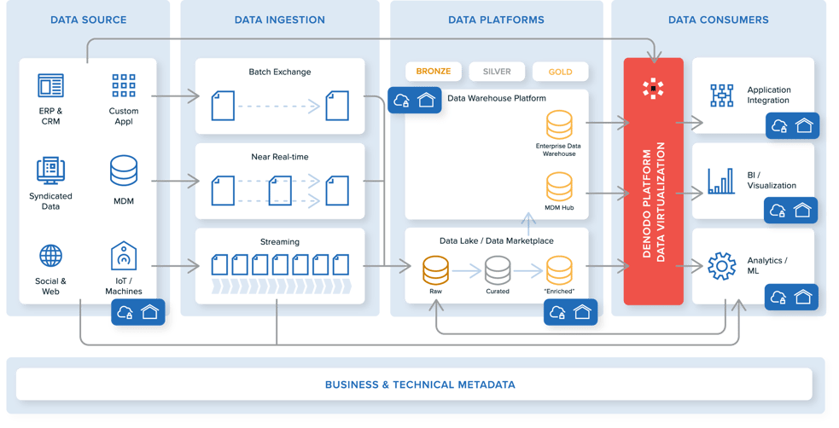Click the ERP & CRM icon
[x=50, y=85]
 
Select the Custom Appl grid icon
[x=124, y=85]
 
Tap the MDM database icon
[x=124, y=171]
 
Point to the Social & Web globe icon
[x=50, y=256]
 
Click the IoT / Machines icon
[x=124, y=256]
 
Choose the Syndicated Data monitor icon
[x=50, y=171]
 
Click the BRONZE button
[x=434, y=72]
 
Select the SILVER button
[x=497, y=72]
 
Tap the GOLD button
[x=560, y=72]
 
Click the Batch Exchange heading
[x=279, y=72]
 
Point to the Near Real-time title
[x=279, y=157]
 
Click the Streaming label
[x=279, y=242]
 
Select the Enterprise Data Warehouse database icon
[x=560, y=124]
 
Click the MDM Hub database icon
[x=560, y=186]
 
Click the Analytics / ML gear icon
[x=721, y=266]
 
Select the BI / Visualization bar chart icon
[x=721, y=181]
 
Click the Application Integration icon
[x=721, y=95]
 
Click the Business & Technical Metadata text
[x=420, y=385]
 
